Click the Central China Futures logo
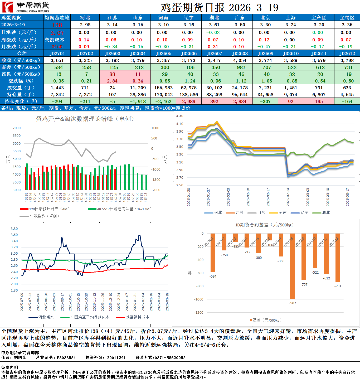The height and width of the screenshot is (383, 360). [x=26, y=7]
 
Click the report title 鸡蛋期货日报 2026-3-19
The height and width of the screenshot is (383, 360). [x=219, y=8]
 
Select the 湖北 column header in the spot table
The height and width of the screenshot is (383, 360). [x=214, y=18]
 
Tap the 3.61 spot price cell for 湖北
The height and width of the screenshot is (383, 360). [x=214, y=25]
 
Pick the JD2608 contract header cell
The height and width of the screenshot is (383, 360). [x=240, y=54]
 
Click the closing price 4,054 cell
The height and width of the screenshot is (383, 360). [x=240, y=60]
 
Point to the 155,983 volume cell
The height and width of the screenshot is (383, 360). [x=163, y=88]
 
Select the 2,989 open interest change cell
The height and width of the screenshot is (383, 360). [x=189, y=101]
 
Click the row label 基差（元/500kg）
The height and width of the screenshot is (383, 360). [x=22, y=67]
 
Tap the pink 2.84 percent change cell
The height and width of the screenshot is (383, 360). [x=112, y=81]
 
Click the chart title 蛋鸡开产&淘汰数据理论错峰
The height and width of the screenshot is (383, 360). [x=85, y=119]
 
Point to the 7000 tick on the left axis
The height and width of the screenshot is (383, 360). [x=17, y=128]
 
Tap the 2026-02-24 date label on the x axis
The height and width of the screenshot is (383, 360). [x=288, y=197]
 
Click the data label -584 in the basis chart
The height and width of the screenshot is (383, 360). [x=213, y=277]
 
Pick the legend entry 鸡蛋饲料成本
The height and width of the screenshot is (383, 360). [x=137, y=317]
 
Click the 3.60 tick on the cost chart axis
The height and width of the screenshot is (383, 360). [x=14, y=235]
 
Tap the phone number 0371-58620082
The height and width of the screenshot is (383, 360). [x=170, y=358]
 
